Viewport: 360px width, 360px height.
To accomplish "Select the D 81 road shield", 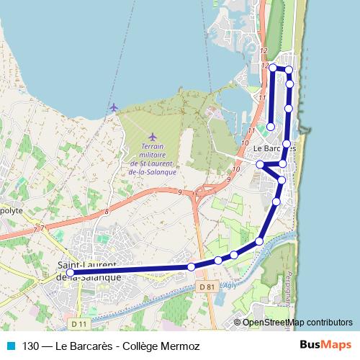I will pos(206,287).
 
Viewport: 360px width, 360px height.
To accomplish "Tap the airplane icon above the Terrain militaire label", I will pos(152,137).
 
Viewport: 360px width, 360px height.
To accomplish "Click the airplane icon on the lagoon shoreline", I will pos(113,107).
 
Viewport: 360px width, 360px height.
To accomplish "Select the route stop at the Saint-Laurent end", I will pos(70,273).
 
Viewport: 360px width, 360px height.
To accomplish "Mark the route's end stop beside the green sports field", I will pos(271,127).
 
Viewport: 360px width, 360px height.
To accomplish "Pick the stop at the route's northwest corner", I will pos(273,67).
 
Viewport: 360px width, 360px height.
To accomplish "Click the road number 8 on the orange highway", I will pos(106,211).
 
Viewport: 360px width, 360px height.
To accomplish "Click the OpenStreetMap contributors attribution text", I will pos(297,322).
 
